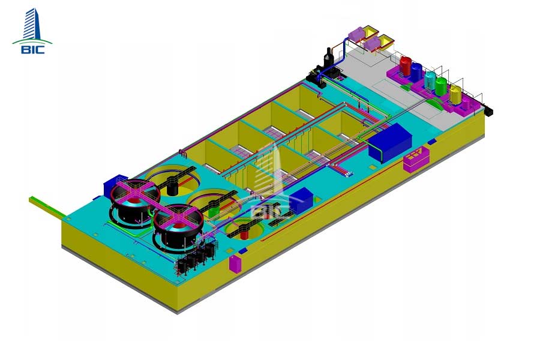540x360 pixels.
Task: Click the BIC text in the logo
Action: [x=33, y=49]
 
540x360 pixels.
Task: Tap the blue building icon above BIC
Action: [x=32, y=24]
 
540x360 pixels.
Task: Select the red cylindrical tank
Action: [x=406, y=66]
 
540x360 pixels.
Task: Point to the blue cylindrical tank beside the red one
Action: [x=416, y=71]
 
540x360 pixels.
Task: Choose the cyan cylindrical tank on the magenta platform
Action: [x=430, y=80]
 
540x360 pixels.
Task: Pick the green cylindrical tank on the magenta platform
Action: [x=441, y=86]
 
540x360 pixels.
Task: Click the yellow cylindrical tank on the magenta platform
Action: [x=455, y=94]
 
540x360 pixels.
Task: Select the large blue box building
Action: [x=390, y=142]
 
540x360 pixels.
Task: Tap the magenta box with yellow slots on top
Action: [x=416, y=159]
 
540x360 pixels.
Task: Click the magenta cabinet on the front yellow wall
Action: [x=236, y=264]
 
